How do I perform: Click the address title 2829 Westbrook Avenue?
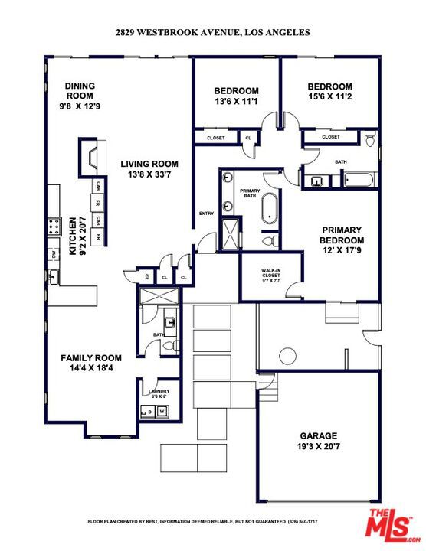tap(212, 32)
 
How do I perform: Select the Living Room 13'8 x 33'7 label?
tap(149, 169)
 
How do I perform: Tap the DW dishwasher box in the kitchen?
tap(53, 254)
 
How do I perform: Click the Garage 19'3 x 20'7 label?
tap(317, 440)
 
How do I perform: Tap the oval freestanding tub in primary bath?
tap(270, 209)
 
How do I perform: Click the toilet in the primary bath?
tap(269, 241)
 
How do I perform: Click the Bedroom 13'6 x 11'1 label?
tap(235, 95)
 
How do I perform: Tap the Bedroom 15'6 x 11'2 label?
tap(329, 92)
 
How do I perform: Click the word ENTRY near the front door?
tap(206, 214)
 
